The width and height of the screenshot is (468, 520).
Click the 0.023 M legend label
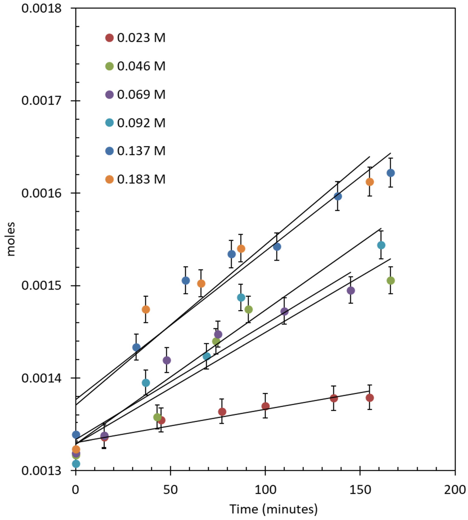(x=141, y=38)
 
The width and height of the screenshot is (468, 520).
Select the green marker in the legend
(x=110, y=66)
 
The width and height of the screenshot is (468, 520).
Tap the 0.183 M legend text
(x=141, y=179)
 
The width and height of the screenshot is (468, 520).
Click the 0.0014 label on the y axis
(x=41, y=378)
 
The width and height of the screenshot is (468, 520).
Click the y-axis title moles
(x=11, y=239)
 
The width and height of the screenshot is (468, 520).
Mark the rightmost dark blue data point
(x=391, y=173)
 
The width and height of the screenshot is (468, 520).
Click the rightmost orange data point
(x=370, y=182)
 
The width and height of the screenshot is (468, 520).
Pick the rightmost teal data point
(x=381, y=245)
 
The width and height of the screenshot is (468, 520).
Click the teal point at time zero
(x=76, y=464)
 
